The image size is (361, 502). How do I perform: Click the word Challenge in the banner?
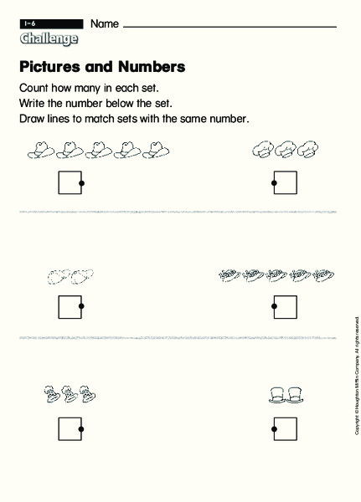49,39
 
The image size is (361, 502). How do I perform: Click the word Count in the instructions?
34,88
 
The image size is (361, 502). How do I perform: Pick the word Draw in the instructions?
31,119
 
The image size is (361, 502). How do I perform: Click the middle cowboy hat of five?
100,151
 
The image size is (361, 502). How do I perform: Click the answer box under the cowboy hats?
70,182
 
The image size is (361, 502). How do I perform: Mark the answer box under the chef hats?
286,182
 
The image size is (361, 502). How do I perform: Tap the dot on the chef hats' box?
274,182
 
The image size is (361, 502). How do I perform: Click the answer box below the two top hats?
286,429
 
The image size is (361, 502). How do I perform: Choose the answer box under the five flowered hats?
286,306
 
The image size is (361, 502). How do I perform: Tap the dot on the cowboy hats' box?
81,182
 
